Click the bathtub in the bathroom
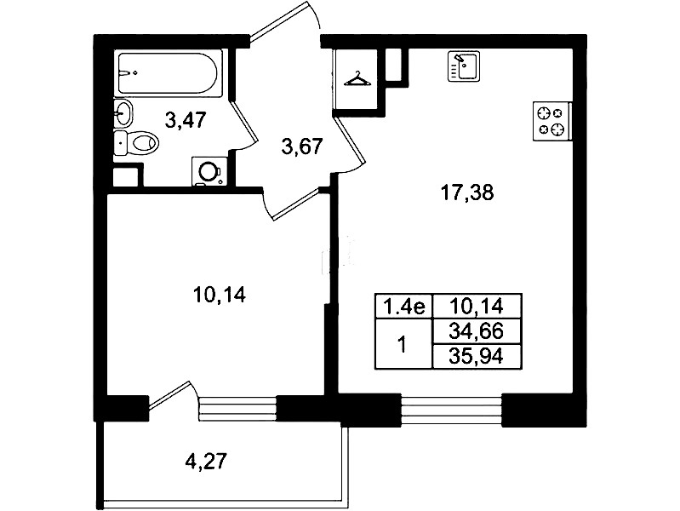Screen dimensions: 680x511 170,73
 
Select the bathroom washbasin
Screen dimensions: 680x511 123,113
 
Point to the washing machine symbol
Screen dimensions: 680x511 209,171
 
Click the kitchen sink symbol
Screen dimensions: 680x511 464,66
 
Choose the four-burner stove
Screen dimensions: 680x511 552,121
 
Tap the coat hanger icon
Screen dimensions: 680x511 357,79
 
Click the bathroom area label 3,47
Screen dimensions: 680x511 186,119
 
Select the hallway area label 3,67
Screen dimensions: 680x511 302,146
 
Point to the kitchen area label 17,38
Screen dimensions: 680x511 467,192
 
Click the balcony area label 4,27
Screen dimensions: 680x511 206,461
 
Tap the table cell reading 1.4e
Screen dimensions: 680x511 404,307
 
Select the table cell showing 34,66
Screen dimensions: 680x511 477,332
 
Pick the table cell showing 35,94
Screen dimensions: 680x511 477,357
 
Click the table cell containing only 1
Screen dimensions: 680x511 404,344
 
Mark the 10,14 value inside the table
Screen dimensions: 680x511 477,307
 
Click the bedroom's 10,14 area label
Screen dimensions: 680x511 220,296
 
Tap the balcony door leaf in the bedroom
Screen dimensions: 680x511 169,395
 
